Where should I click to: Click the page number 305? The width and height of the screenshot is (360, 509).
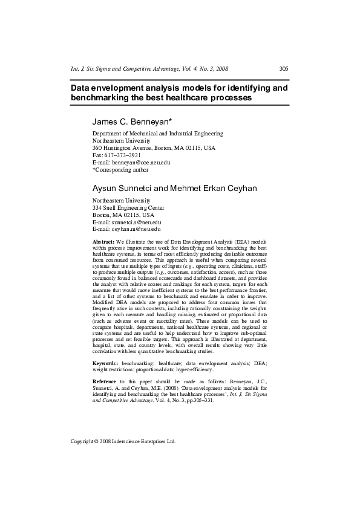[x=283, y=69]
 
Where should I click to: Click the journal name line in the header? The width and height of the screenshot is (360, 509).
[x=149, y=69]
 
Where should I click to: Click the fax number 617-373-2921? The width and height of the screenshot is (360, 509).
[x=124, y=155]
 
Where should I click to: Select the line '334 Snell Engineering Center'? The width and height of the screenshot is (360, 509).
[x=128, y=207]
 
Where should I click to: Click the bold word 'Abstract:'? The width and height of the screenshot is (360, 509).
[x=105, y=241]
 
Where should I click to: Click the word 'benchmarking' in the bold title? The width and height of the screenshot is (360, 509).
[x=99, y=97]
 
